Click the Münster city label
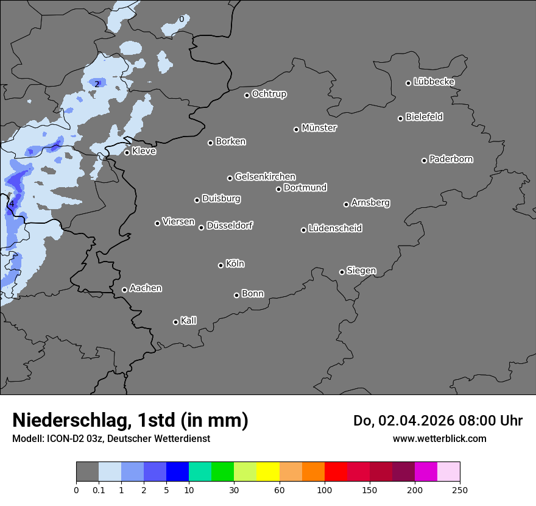[x=319, y=128]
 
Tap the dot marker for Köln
[x=220, y=265]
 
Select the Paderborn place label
[x=451, y=159]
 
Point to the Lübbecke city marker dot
[x=409, y=83]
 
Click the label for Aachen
[x=146, y=288]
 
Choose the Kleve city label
[x=144, y=151]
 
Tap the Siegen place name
[x=361, y=271]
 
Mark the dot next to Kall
[x=175, y=322]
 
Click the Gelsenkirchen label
[x=265, y=177]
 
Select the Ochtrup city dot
[x=247, y=95]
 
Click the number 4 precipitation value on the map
[x=12, y=204]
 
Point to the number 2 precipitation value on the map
[x=97, y=84]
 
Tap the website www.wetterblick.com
[x=439, y=438]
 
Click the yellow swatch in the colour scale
[x=268, y=472]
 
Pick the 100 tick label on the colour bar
[x=325, y=490]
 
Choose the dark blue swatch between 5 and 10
[x=177, y=472]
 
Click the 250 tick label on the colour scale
[x=460, y=490]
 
